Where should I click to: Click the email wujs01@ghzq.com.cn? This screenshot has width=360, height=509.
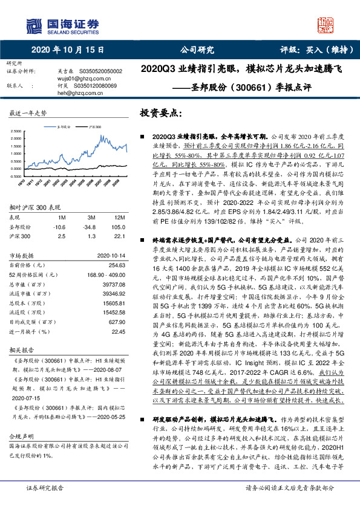pyautogui.click(x=79, y=78)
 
